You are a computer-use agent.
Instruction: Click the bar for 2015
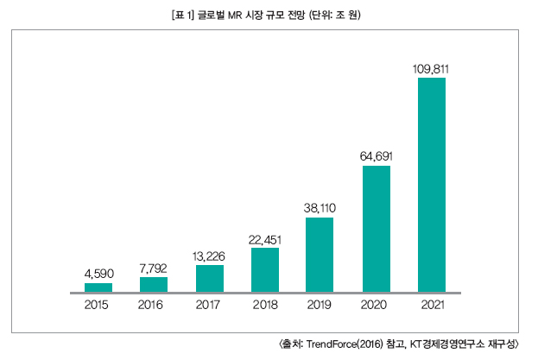(98, 287)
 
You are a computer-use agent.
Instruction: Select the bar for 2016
(154, 285)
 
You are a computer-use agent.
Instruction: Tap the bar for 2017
(210, 279)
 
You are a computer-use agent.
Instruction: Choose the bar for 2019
(320, 255)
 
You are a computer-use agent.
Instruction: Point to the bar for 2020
(376, 229)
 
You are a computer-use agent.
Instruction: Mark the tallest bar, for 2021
(431, 185)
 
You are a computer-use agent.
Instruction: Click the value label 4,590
(98, 274)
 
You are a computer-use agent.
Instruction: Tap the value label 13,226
(210, 256)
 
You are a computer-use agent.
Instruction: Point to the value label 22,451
(265, 239)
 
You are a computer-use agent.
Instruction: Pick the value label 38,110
(320, 208)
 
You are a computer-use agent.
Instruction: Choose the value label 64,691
(376, 156)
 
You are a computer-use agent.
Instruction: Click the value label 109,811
(431, 68)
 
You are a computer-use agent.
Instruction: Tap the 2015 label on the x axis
(98, 306)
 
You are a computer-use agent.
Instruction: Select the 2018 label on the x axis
(265, 306)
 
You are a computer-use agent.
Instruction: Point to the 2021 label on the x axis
(431, 306)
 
